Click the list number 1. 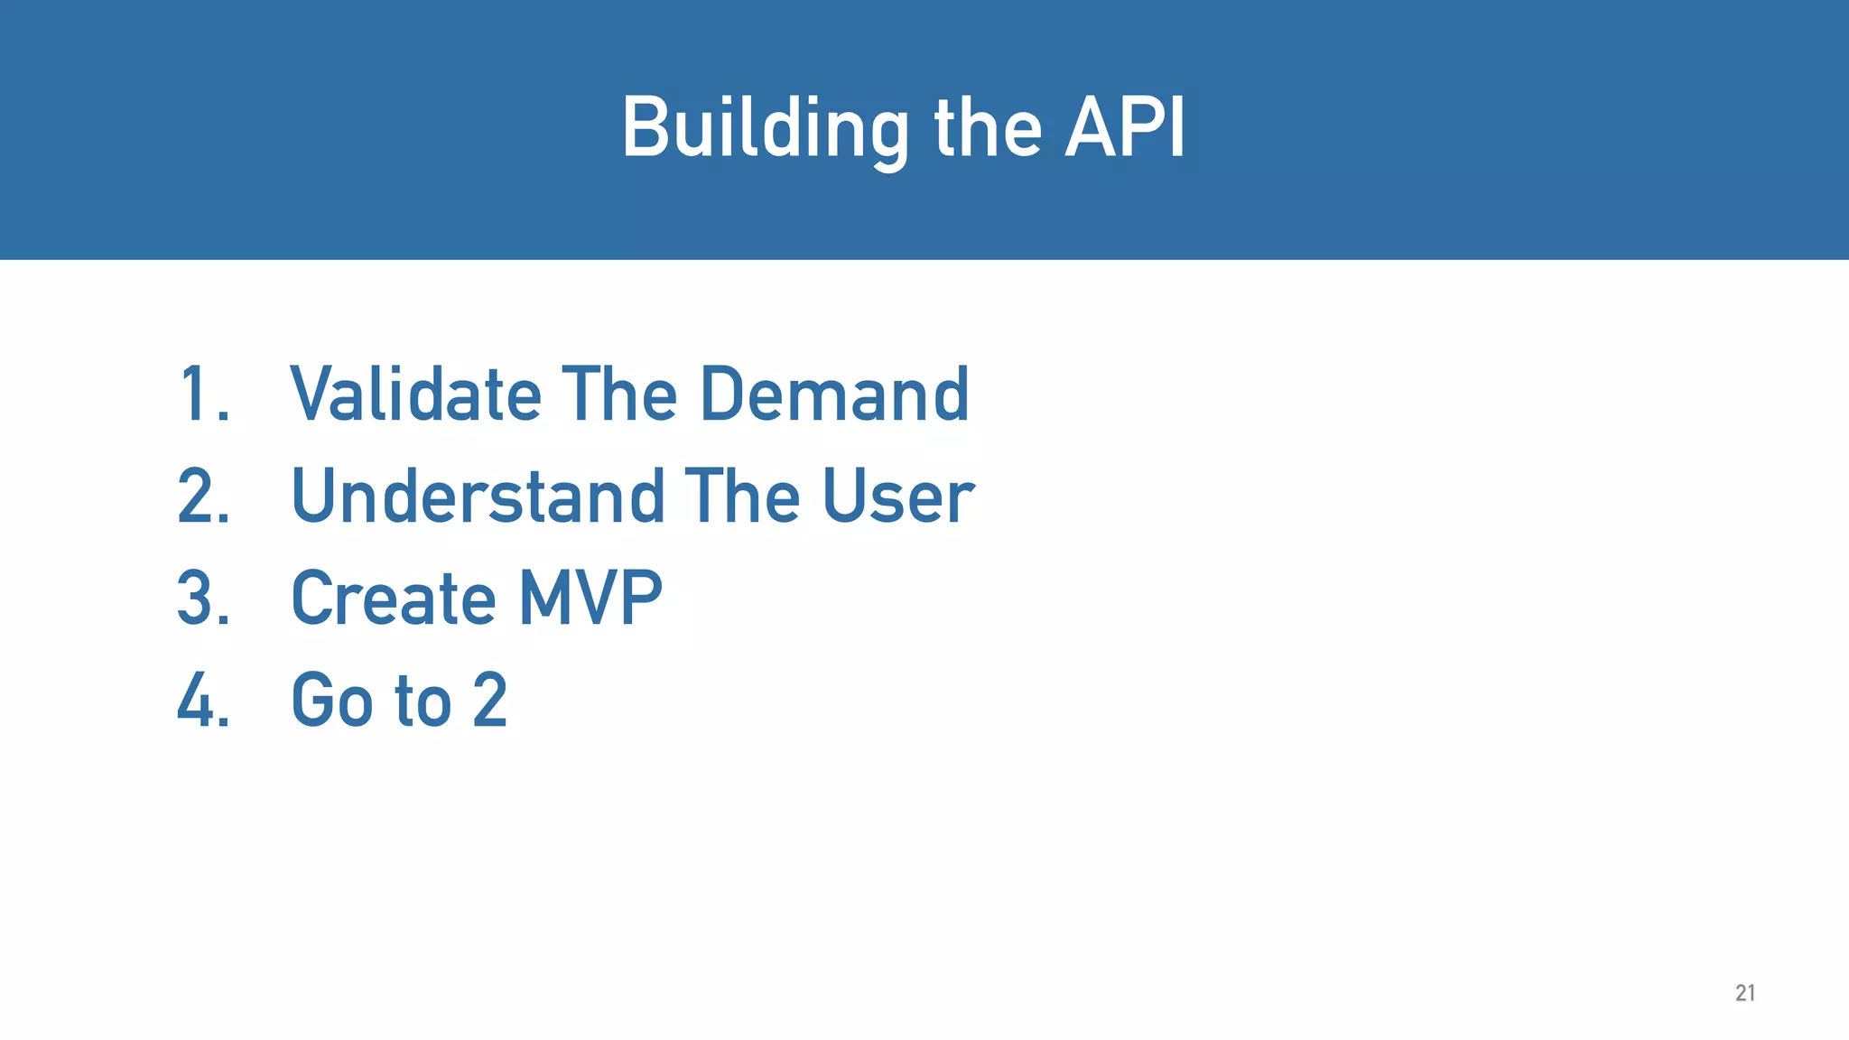click(202, 395)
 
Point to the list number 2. click(202, 497)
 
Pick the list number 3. click(202, 599)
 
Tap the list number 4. click(202, 701)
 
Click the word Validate click(415, 395)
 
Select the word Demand click(834, 395)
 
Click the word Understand click(479, 497)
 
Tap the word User click(897, 497)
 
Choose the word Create click(394, 599)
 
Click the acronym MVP click(590, 599)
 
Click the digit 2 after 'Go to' click(490, 701)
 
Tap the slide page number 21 click(1745, 993)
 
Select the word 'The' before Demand click(619, 395)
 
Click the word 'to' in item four click(423, 701)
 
